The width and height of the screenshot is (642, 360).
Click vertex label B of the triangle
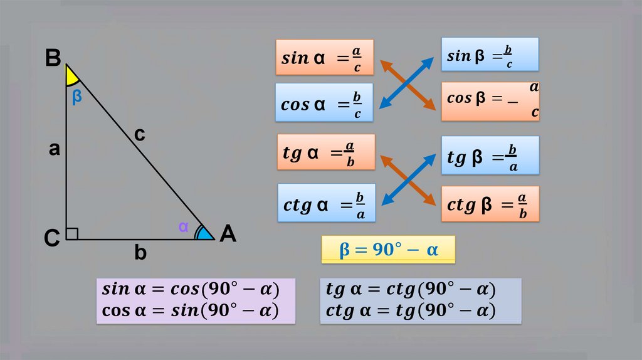[53, 58]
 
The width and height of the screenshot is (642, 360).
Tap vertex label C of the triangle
[52, 238]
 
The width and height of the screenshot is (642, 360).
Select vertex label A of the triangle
[228, 235]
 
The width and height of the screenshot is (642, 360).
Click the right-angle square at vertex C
[72, 233]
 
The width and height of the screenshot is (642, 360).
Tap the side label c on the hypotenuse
[139, 134]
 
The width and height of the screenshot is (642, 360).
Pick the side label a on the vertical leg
[55, 149]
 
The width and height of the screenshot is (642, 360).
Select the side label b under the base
[140, 253]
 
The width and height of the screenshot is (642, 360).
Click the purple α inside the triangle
[183, 227]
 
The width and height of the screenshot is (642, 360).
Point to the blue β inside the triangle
[76, 97]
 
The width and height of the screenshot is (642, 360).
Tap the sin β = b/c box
[490, 54]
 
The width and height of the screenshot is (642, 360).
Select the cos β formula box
[490, 100]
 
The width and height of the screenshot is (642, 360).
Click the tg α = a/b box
[325, 152]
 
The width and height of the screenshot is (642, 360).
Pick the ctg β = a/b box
[490, 203]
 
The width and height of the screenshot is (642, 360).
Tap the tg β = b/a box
[490, 155]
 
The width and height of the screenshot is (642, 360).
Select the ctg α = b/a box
[326, 203]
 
